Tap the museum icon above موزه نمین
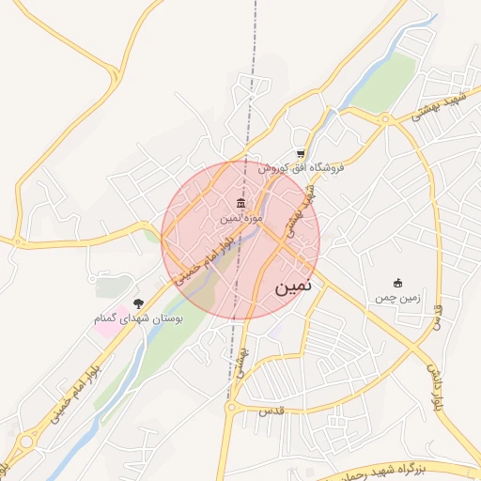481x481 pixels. pos(242,205)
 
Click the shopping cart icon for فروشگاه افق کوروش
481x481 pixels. pos(301,155)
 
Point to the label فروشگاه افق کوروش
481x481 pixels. pos(303,168)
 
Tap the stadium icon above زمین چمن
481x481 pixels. pos(397,283)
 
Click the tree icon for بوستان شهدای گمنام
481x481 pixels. pos(139,303)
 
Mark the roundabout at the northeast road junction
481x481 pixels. pos(384,119)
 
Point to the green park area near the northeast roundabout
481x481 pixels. pos(385,83)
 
